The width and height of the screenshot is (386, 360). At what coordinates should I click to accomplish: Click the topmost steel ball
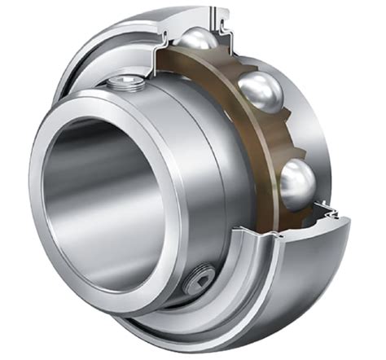[200, 42]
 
